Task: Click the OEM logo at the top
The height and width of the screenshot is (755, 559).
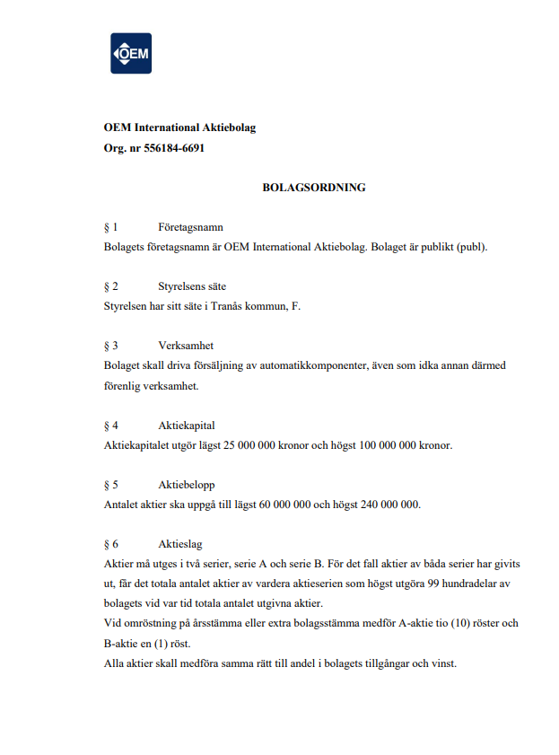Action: tap(131, 53)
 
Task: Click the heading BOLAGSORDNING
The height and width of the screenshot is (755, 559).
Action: tap(314, 188)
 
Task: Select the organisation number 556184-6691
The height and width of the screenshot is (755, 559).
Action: tap(174, 148)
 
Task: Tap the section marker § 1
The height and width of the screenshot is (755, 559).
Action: tap(111, 227)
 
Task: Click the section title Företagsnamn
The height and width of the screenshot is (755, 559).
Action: tap(190, 227)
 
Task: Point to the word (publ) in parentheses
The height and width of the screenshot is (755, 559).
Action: tap(470, 247)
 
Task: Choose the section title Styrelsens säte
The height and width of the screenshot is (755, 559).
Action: tap(192, 286)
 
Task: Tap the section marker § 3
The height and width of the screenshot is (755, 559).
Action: tap(111, 346)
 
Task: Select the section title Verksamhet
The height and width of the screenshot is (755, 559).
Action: tap(186, 346)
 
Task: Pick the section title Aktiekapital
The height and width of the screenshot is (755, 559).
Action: tap(187, 425)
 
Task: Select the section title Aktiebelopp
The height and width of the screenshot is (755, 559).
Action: tap(187, 484)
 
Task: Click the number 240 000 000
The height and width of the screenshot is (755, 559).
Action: tap(389, 504)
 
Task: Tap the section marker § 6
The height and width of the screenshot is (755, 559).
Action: tap(111, 543)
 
